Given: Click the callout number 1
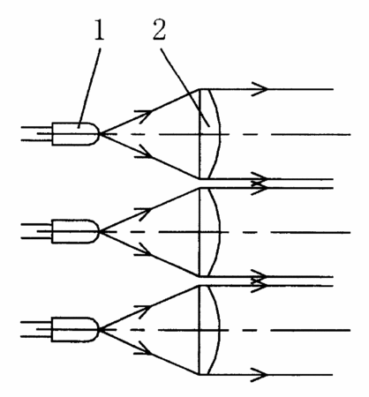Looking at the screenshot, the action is click(99, 30).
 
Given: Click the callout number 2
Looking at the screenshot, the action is click(159, 29).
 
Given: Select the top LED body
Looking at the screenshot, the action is click(75, 134).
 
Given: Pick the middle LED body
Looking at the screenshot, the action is click(75, 231).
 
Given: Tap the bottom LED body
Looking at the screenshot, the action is click(75, 329).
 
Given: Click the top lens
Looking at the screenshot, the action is click(209, 134).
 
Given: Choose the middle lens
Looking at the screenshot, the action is click(209, 232).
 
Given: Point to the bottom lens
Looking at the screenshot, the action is click(209, 330).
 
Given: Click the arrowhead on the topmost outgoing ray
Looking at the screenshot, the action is click(260, 89).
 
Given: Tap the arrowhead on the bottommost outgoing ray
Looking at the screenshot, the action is click(260, 375).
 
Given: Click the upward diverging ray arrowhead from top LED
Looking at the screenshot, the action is click(144, 115).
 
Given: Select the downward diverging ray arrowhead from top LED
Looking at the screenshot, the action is click(144, 153).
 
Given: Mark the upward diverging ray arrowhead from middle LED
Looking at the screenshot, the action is click(144, 213).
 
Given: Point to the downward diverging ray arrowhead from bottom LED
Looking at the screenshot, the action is click(144, 348).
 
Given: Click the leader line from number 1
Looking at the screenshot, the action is click(89, 87).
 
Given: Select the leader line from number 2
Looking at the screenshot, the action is click(185, 87).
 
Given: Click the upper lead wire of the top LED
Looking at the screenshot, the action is click(36, 127).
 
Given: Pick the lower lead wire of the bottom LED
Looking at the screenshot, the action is click(36, 336).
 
